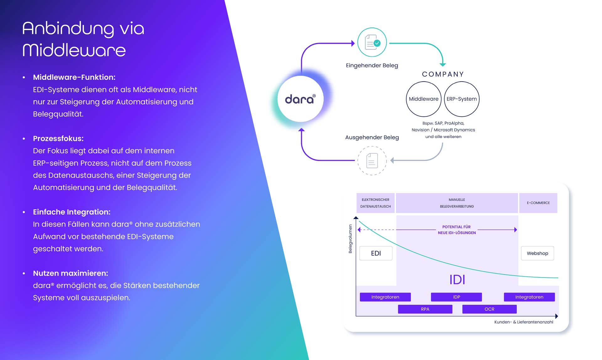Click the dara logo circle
coord(300,99)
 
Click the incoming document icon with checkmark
coord(372,42)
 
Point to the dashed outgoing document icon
coord(372,160)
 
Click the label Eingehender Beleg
coord(372,65)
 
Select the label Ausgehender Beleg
coord(372,137)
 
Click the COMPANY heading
coord(443,74)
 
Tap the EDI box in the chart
coord(376,253)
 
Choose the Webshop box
coord(537,253)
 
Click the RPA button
coord(425,309)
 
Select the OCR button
coord(489,309)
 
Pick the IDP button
coord(456,297)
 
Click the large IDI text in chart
coord(457,279)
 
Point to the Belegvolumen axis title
coord(350,239)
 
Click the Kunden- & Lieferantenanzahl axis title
coord(524,322)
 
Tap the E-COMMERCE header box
coord(538,203)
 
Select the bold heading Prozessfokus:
coord(58,138)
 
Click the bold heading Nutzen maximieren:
coord(71,273)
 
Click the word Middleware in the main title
coord(74,50)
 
